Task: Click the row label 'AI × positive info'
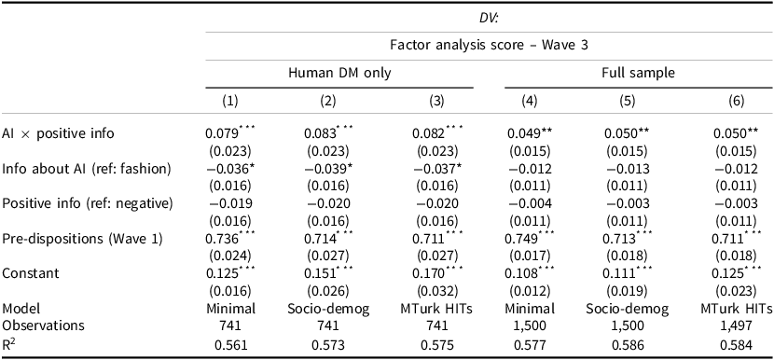58,134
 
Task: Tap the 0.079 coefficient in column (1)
222,134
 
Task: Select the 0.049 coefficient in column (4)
532,134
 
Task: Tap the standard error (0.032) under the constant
429,291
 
